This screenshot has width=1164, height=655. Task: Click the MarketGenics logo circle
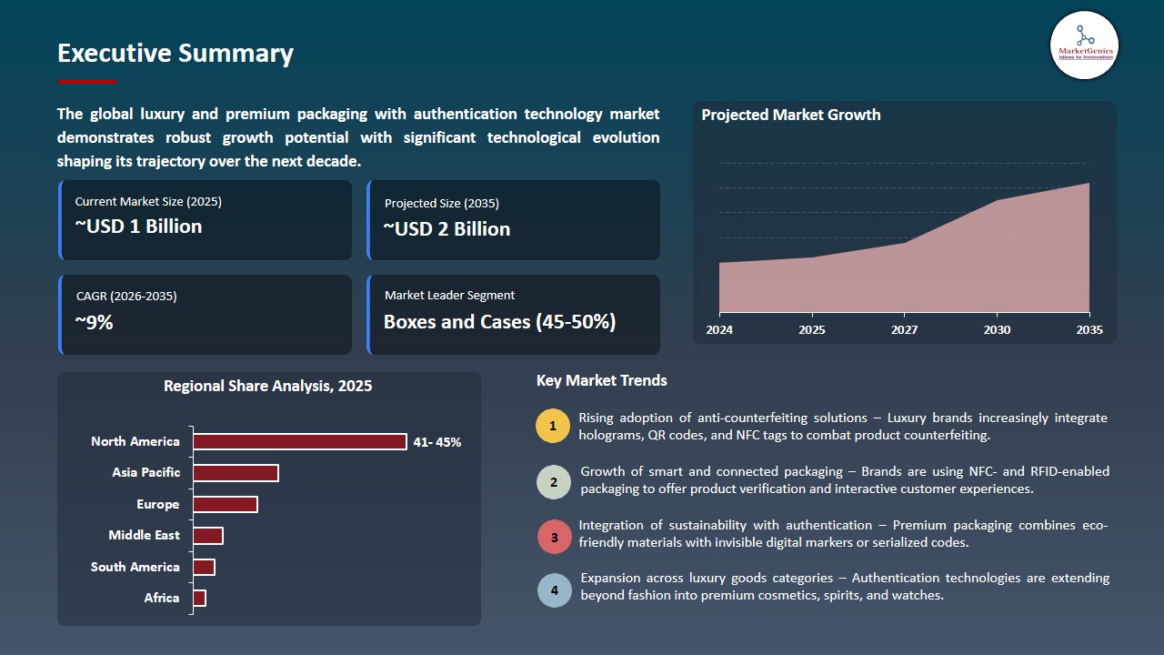(x=1084, y=45)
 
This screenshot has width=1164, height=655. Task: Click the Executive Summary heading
(x=176, y=54)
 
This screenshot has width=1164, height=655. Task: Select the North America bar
(x=300, y=441)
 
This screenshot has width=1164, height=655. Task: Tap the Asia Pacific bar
(x=236, y=473)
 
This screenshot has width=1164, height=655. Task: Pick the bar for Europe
(x=226, y=504)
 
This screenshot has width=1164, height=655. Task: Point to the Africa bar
(x=199, y=598)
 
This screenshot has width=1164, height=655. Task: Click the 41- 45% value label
(x=437, y=442)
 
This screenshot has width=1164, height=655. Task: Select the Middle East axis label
(x=144, y=536)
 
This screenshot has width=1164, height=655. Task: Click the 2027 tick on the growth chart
(x=904, y=329)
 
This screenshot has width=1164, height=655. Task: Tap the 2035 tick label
(x=1089, y=329)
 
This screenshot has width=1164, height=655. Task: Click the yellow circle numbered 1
(x=553, y=427)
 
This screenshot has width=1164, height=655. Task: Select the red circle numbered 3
(x=554, y=537)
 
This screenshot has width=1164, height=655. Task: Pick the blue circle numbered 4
(x=554, y=589)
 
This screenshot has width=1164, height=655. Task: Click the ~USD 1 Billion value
(x=138, y=227)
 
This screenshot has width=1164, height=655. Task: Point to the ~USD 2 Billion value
(x=447, y=229)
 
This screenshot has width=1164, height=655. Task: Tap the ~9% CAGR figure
(x=95, y=322)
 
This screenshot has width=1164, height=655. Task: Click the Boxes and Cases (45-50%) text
(x=499, y=322)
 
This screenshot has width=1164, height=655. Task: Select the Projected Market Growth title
(x=790, y=115)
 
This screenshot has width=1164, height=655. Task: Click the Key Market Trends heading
(x=601, y=380)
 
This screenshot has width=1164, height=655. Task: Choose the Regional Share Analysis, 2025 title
(x=267, y=386)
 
